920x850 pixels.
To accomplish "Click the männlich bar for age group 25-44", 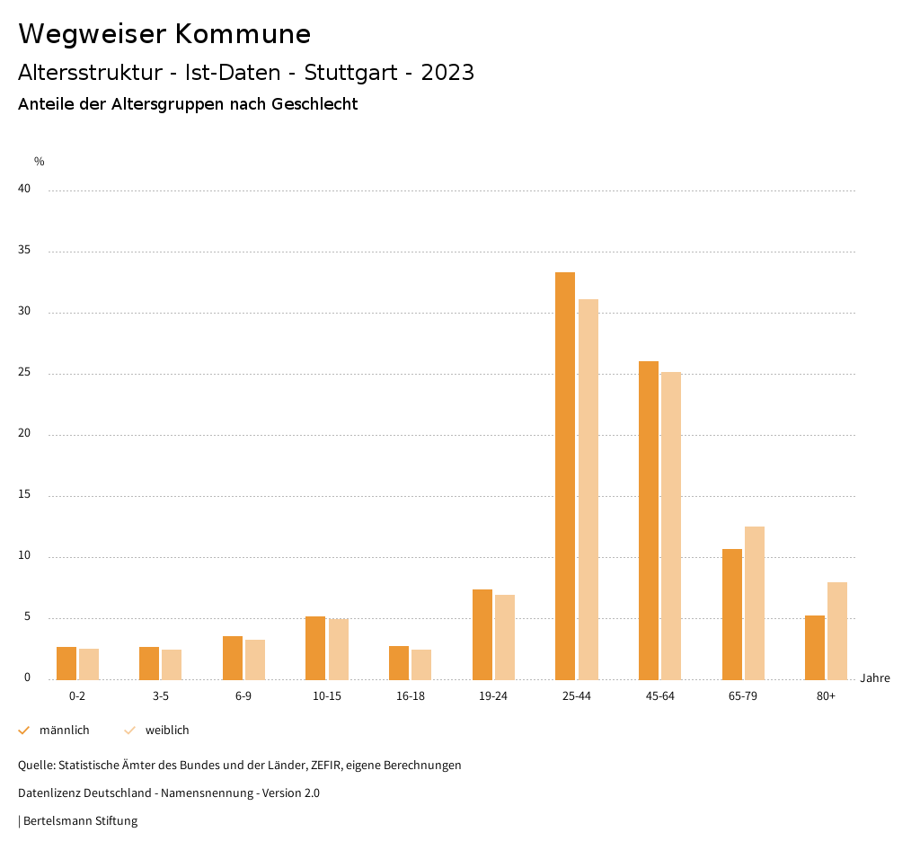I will (x=565, y=476).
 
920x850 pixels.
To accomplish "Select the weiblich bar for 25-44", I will (x=588, y=490).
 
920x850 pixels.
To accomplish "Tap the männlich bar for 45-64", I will (x=649, y=521).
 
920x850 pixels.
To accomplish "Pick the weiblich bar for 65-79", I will (x=755, y=603).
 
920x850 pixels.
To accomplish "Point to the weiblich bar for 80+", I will (x=837, y=631).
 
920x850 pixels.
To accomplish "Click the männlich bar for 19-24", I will (x=482, y=634).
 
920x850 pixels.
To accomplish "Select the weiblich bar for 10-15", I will (x=339, y=649).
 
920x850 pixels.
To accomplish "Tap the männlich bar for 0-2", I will (x=66, y=663).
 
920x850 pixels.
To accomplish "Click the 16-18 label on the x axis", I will (x=410, y=696).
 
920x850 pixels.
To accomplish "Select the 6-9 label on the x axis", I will (x=243, y=696).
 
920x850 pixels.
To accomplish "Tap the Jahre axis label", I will (x=875, y=678).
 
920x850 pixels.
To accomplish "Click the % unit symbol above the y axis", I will (x=39, y=162).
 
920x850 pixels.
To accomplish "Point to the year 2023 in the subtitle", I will (x=447, y=73).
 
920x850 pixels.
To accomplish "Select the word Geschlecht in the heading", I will (x=319, y=104).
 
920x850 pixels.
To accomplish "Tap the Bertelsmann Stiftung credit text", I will (x=80, y=820).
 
